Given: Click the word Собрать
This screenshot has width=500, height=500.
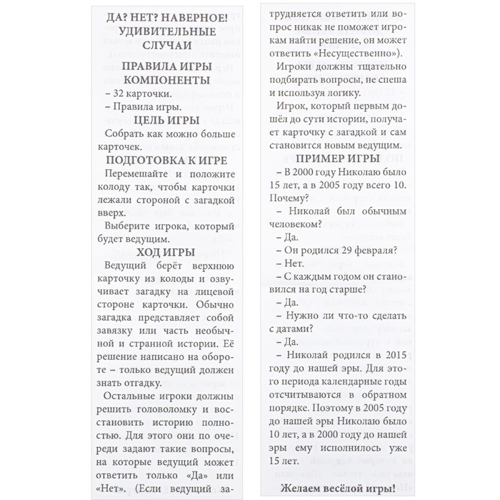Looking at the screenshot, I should (123, 134).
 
